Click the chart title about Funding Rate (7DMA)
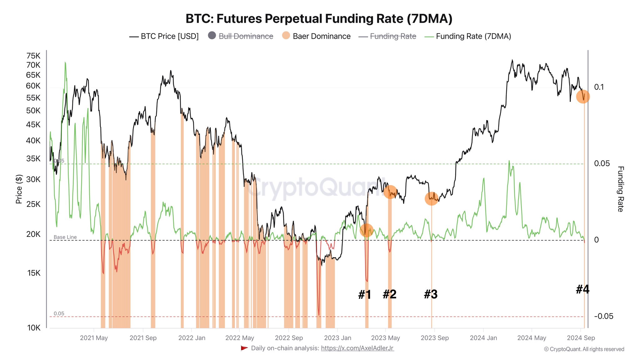point(319,19)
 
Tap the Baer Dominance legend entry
point(321,36)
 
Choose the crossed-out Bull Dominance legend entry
point(246,36)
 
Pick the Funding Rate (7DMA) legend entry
point(473,36)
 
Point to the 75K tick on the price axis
point(33,56)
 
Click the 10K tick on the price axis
point(34,328)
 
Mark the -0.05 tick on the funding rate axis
point(603,316)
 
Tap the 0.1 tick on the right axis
point(599,87)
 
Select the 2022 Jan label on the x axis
point(192,338)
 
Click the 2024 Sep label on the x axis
point(581,338)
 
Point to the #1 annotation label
point(364,294)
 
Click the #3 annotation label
point(431,294)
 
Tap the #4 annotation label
point(582,289)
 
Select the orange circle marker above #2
point(390,192)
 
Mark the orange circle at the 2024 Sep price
point(583,97)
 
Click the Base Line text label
point(65,237)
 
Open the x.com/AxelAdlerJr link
point(357,348)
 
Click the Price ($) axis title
point(19,189)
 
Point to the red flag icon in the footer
point(244,348)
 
